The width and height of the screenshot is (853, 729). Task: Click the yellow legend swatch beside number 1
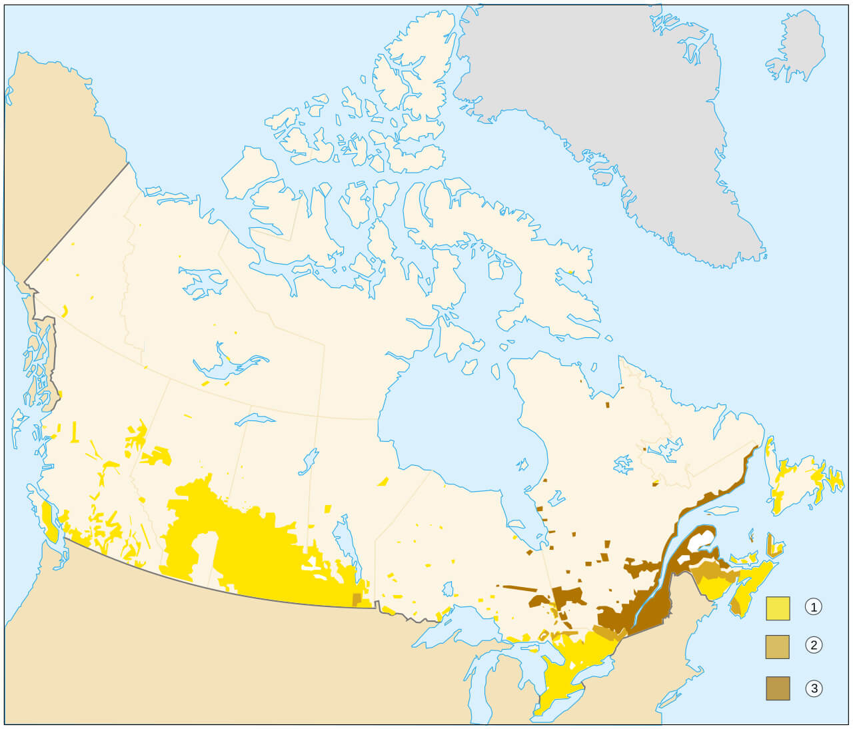pyautogui.click(x=778, y=608)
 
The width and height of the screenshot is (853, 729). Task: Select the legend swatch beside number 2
pyautogui.click(x=778, y=646)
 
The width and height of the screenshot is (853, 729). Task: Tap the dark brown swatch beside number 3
pyautogui.click(x=778, y=688)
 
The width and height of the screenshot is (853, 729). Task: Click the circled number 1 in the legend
pyautogui.click(x=813, y=606)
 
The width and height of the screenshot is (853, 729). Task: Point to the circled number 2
pyautogui.click(x=813, y=645)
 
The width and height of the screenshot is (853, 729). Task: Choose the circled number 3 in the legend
pyautogui.click(x=813, y=688)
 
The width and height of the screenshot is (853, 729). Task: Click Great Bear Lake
pyautogui.click(x=203, y=283)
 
